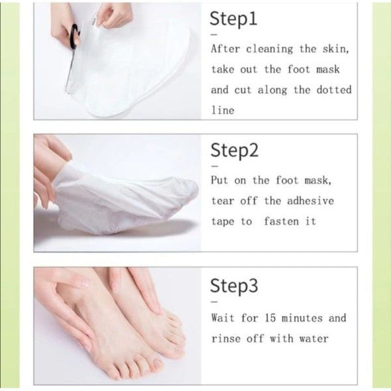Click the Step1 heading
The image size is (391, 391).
coord(233,19)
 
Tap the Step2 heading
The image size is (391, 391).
coord(235,150)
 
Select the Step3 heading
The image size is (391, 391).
coord(234,286)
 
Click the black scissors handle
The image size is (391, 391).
coord(74,36)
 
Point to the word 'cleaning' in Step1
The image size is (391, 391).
coord(270,48)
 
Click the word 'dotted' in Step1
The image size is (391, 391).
coord(334,89)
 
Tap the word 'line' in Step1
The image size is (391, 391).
coord(223,110)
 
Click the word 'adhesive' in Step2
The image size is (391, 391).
coord(310,201)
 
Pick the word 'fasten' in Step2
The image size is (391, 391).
coord(281,221)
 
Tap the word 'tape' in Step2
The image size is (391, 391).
coord(223,222)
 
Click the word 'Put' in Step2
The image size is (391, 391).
coord(219,180)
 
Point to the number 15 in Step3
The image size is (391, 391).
coord(270,318)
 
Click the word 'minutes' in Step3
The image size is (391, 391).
coord(302,318)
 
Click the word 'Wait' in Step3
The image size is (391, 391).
coord(223,318)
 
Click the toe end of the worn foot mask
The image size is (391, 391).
coord(196,189)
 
